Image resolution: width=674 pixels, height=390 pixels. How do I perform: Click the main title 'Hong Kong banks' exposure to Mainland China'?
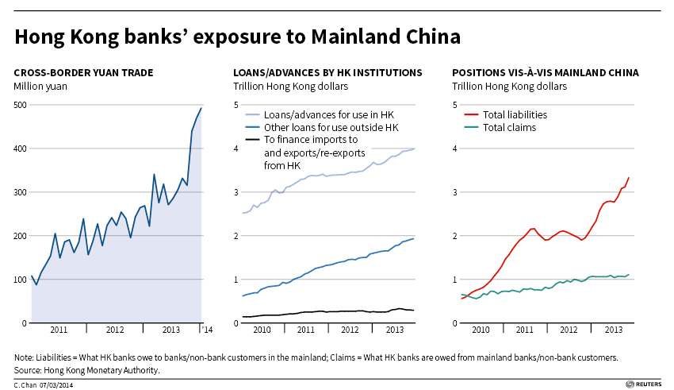click(237, 37)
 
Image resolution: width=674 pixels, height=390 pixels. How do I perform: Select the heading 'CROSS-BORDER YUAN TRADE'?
click(83, 72)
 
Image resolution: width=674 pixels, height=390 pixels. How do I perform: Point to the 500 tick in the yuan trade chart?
click(21, 105)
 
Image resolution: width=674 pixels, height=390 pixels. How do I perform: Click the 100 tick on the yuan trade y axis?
click(21, 280)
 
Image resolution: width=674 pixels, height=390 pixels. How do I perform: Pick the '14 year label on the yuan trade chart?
click(205, 328)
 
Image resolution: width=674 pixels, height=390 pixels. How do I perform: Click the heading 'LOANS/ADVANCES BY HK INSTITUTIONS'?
click(327, 72)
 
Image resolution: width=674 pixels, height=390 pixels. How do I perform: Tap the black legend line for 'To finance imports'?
click(253, 140)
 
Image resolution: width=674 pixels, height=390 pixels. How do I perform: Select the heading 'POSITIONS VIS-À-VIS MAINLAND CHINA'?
click(546, 72)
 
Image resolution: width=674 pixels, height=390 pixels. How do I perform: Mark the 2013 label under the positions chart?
click(612, 329)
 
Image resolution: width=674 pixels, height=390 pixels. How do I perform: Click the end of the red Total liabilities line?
click(629, 178)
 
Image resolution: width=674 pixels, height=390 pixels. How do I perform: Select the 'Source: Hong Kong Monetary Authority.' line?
click(87, 370)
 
